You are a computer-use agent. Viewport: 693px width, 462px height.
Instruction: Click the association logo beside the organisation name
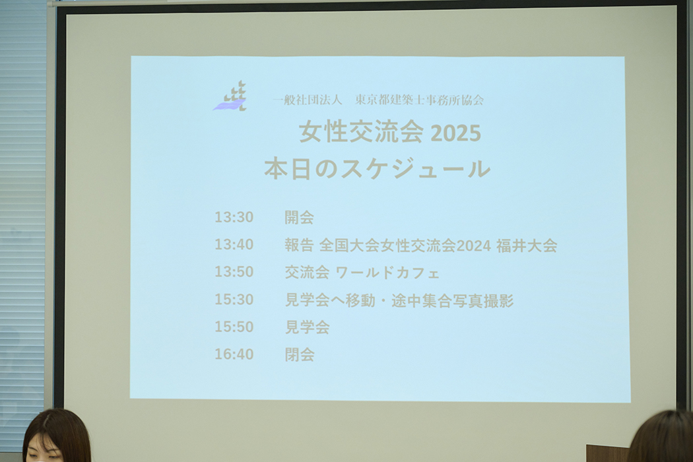230,96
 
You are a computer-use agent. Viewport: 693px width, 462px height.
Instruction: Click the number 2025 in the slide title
455,133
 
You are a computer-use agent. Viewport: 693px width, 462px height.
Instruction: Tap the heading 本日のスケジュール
377,169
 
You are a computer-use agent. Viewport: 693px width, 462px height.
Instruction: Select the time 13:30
234,217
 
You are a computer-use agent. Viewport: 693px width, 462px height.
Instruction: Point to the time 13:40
234,244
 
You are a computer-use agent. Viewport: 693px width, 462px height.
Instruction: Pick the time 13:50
234,272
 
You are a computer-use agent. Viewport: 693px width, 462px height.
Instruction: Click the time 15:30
234,299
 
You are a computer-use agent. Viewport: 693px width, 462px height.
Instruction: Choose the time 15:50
234,327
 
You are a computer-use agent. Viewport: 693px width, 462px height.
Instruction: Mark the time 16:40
234,354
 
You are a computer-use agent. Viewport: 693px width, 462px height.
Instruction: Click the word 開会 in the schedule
299,218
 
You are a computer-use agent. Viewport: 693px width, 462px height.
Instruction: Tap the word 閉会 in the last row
299,354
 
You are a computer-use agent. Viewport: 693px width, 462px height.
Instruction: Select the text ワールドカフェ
387,273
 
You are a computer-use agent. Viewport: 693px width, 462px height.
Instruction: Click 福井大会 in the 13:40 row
527,246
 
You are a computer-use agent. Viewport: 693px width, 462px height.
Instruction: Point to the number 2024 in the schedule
473,246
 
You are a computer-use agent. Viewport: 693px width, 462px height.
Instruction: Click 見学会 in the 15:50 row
307,327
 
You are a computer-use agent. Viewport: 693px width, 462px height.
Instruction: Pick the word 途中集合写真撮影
453,301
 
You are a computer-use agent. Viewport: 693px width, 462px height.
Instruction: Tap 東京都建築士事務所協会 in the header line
419,100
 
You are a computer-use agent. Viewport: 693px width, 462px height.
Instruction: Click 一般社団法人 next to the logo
308,100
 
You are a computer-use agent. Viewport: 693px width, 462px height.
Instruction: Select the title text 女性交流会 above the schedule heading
361,132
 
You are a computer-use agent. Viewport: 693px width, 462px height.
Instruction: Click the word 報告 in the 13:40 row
299,246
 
